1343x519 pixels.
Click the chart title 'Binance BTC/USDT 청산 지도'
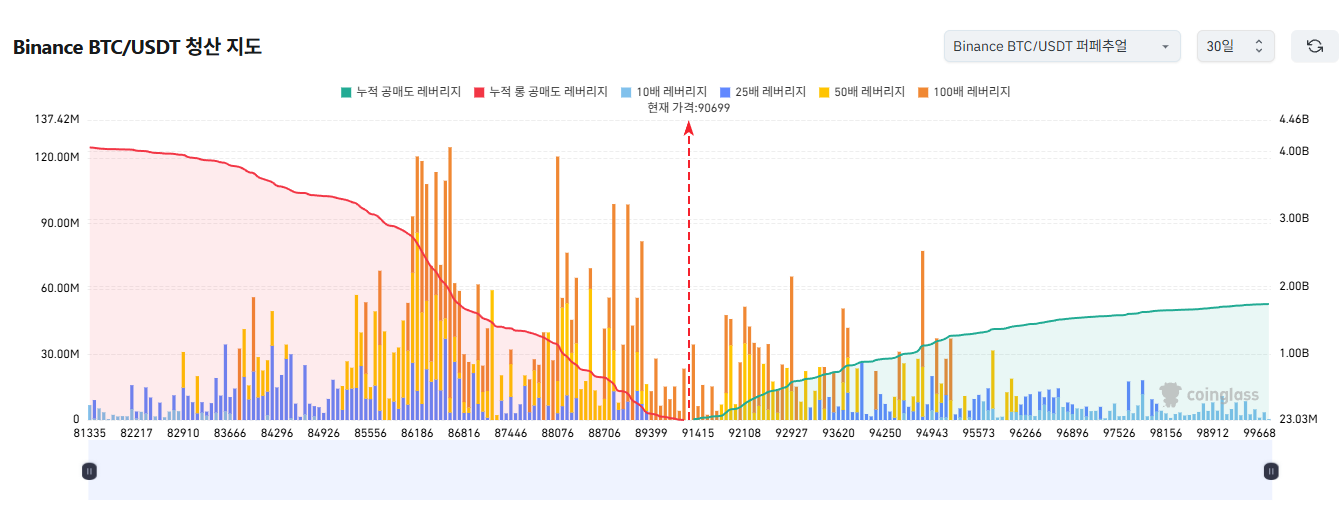[137, 47]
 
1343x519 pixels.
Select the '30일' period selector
[1235, 47]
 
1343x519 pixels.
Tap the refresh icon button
[1314, 47]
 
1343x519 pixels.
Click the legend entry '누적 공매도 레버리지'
[401, 92]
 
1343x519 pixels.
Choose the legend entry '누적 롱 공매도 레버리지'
[541, 92]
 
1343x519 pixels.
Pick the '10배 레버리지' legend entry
[664, 92]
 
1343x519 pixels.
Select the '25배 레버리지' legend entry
[762, 92]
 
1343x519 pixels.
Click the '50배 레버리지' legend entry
[861, 92]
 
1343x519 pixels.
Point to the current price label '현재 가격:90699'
[688, 108]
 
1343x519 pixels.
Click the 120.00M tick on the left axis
[58, 157]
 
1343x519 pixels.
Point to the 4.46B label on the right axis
[1293, 119]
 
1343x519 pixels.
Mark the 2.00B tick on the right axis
[1293, 287]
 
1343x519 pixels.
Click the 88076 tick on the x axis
[557, 433]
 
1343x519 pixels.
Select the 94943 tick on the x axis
[931, 433]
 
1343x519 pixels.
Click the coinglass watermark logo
[1209, 394]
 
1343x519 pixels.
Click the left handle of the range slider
[89, 471]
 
